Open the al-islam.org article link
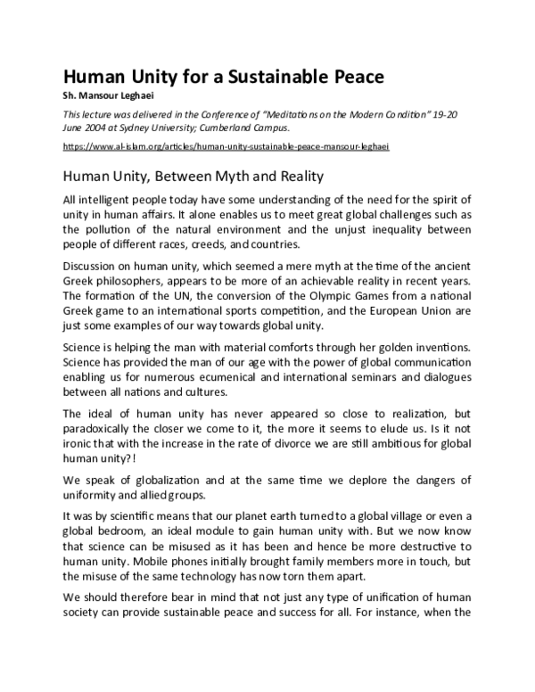point(226,146)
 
